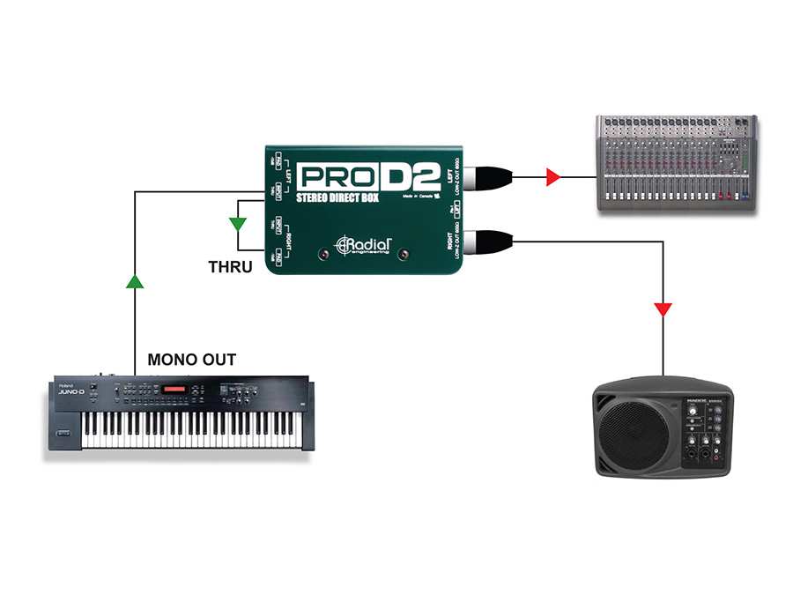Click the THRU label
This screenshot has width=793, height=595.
click(230, 265)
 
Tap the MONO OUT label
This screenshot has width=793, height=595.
click(191, 360)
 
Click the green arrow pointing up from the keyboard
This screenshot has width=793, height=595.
click(133, 282)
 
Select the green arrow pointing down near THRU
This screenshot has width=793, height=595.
click(237, 223)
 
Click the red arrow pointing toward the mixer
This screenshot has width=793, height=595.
click(552, 177)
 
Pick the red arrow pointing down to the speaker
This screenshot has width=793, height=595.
click(663, 310)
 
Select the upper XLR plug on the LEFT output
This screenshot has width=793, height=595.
click(488, 177)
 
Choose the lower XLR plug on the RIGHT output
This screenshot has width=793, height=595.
click(488, 240)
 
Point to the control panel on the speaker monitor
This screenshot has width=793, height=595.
click(705, 432)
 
